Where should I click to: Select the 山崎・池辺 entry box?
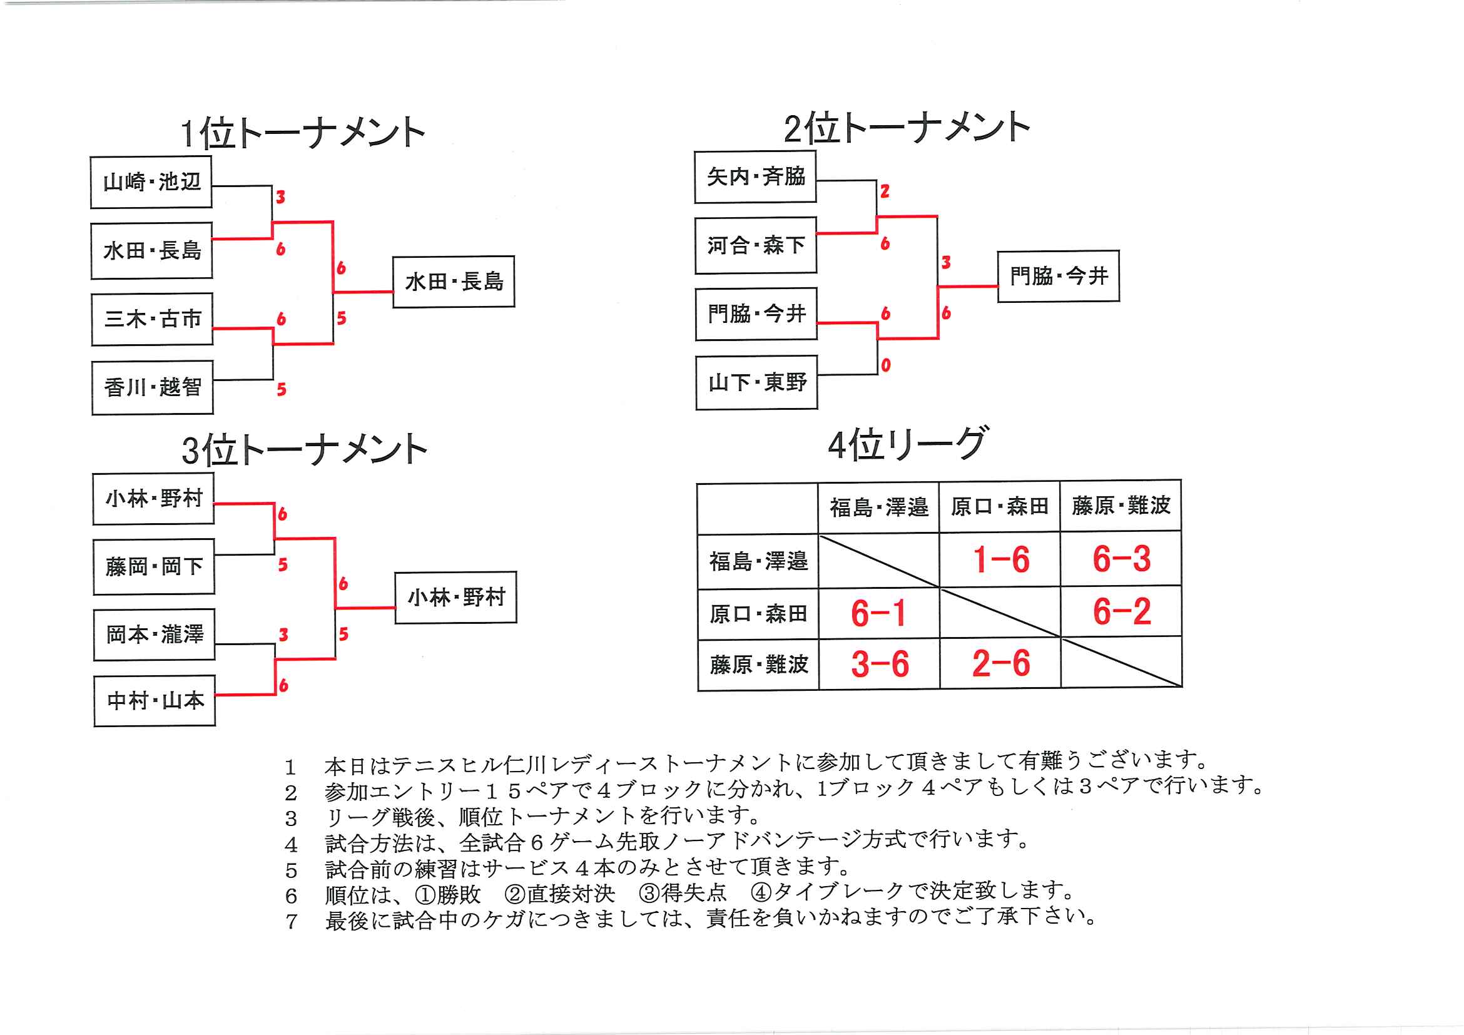(x=151, y=182)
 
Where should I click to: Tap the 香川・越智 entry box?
(x=153, y=387)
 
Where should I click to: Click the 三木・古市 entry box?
(x=152, y=319)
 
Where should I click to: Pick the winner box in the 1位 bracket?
(x=454, y=282)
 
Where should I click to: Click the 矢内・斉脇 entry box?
(x=755, y=176)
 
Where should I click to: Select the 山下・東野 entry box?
(x=757, y=382)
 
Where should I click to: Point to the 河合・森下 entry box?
(x=756, y=245)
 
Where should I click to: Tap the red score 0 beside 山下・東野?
(x=886, y=365)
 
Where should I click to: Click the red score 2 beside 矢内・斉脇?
(x=885, y=191)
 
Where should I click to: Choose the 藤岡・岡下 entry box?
(x=154, y=566)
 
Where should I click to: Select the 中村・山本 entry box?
(x=155, y=701)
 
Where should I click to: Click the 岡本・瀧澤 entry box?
(x=155, y=635)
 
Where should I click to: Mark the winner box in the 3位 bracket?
(x=456, y=598)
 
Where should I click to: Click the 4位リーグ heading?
(x=907, y=444)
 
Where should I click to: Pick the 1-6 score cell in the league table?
(x=1000, y=560)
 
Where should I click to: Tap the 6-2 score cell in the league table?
(x=1121, y=611)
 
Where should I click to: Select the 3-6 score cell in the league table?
(x=879, y=664)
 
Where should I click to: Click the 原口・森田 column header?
(x=999, y=507)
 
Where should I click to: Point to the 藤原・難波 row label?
(x=758, y=665)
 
